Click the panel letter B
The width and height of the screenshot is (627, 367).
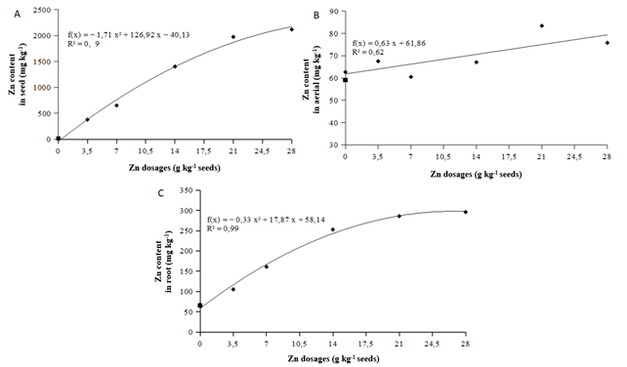pos(316,15)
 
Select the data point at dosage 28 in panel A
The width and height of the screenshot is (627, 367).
pos(291,29)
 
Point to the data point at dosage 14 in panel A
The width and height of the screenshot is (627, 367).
pos(175,66)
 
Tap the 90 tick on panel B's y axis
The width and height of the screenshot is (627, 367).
pos(336,11)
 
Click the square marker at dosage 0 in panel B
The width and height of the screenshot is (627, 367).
pos(345,79)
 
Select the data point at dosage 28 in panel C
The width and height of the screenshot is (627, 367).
pos(465,212)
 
